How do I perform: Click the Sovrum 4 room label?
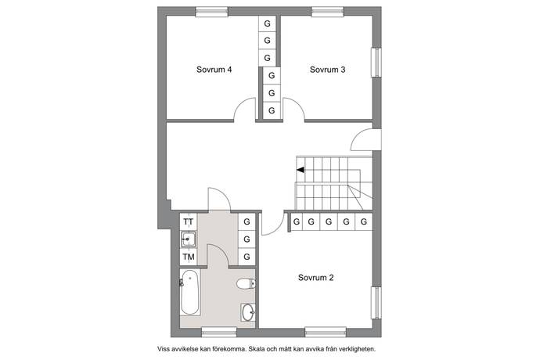tap(214, 70)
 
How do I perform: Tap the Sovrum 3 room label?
tap(327, 70)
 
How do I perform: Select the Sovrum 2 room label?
tap(316, 278)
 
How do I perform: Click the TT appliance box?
tap(189, 221)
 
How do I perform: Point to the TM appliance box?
tap(189, 257)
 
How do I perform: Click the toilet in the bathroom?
tap(246, 284)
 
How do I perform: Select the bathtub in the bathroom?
tap(189, 292)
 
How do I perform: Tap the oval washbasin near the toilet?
tap(248, 312)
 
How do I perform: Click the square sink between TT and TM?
tap(189, 239)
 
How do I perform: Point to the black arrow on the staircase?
tap(301, 170)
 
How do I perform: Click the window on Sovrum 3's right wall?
tap(376, 62)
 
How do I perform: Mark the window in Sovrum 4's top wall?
tap(212, 12)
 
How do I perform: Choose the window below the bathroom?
tap(219, 332)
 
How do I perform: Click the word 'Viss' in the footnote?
tap(164, 349)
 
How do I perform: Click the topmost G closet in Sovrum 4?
tap(267, 23)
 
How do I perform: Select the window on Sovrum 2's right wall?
tap(376, 302)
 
